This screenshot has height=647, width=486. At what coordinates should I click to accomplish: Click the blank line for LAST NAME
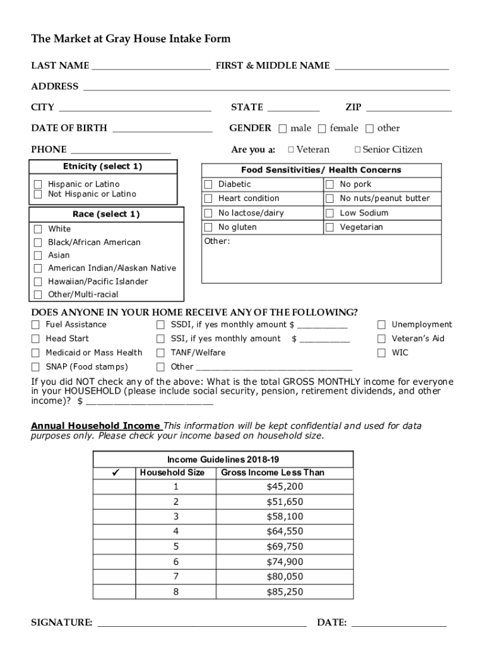(x=150, y=66)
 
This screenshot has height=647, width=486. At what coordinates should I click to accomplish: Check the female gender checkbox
(x=322, y=129)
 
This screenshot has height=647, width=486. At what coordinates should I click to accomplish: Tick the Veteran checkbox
(x=290, y=150)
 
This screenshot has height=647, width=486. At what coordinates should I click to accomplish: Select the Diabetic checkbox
(x=208, y=184)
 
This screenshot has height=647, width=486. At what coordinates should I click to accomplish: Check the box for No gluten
(x=208, y=227)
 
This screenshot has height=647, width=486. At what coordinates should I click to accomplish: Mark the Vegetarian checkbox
(x=329, y=227)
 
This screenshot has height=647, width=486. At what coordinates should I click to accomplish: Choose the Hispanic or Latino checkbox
(x=38, y=184)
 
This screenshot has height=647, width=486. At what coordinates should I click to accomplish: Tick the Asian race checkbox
(x=38, y=255)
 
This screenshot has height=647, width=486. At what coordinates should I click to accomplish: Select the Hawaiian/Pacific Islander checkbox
(x=38, y=282)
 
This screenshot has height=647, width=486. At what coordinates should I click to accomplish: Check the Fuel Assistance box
(x=35, y=325)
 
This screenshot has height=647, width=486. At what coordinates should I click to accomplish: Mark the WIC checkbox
(x=381, y=353)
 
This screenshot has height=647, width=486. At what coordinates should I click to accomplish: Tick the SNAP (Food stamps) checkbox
(x=35, y=367)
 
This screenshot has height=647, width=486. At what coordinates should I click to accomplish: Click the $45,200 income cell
(x=285, y=487)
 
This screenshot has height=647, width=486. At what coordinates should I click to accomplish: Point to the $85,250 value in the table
(x=285, y=592)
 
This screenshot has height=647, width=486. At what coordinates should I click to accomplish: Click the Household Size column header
(x=172, y=473)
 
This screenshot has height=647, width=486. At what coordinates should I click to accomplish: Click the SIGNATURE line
(x=202, y=622)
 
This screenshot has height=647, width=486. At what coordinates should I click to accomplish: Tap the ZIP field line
(x=408, y=107)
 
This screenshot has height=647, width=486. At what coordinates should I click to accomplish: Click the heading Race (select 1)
(x=106, y=214)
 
